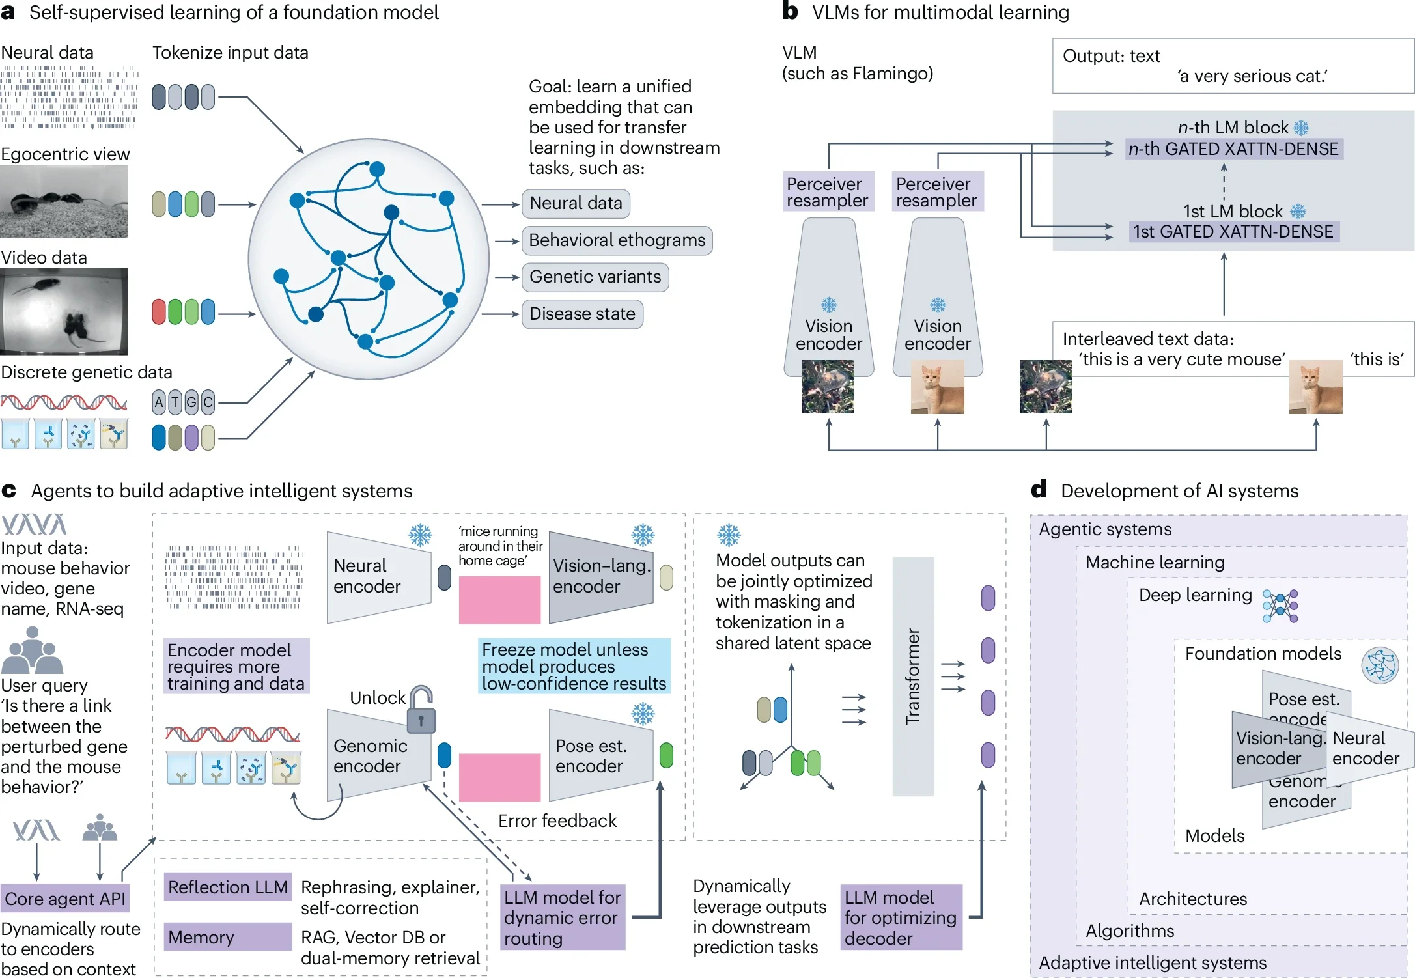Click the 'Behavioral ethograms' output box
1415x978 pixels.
coord(617,240)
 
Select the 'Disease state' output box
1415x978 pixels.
coord(582,314)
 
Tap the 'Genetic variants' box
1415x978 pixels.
coord(595,277)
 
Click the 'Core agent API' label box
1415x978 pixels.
coord(65,899)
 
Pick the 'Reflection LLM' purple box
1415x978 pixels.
coord(228,887)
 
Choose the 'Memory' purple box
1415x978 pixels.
coord(228,937)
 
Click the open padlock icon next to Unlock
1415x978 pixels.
coord(421,710)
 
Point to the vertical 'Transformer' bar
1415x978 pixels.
coord(913,677)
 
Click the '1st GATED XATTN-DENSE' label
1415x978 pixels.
coord(1233,232)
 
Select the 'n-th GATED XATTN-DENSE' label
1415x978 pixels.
coord(1233,149)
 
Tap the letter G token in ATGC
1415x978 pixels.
coord(191,402)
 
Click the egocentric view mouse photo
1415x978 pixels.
coord(64,202)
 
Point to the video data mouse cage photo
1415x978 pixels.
coord(64,311)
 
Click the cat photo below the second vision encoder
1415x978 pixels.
coord(938,388)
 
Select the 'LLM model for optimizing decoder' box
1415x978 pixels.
coord(901,917)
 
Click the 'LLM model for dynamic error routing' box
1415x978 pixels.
coord(563,917)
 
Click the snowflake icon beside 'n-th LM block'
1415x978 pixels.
coord(1301,128)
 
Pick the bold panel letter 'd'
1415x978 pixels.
coord(1039,488)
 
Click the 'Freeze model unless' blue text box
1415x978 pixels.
coord(574,666)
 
